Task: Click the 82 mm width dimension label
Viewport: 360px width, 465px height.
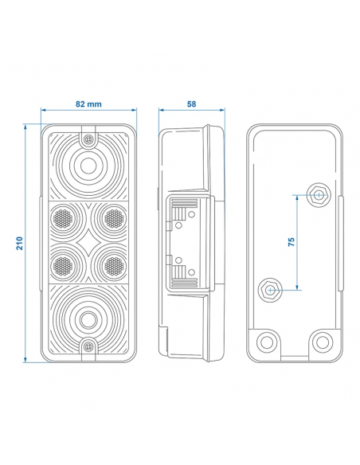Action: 88,104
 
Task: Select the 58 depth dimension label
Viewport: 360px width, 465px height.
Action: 190,104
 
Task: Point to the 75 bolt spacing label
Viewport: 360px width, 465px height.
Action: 292,241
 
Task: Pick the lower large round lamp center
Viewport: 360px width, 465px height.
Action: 88,319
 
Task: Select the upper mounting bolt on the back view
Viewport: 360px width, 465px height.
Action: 317,194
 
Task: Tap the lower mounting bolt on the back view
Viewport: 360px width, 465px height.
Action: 271,289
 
